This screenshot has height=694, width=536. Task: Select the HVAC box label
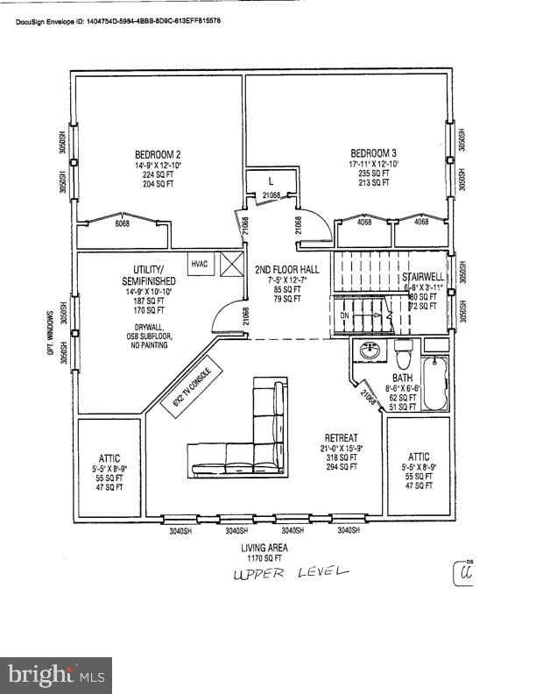[x=200, y=262]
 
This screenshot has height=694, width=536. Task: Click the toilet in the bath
[x=404, y=359]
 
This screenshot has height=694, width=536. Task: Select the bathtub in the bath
[x=436, y=382]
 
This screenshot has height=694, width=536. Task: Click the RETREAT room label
[x=341, y=436]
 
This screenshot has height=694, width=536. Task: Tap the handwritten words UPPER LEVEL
[x=290, y=573]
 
